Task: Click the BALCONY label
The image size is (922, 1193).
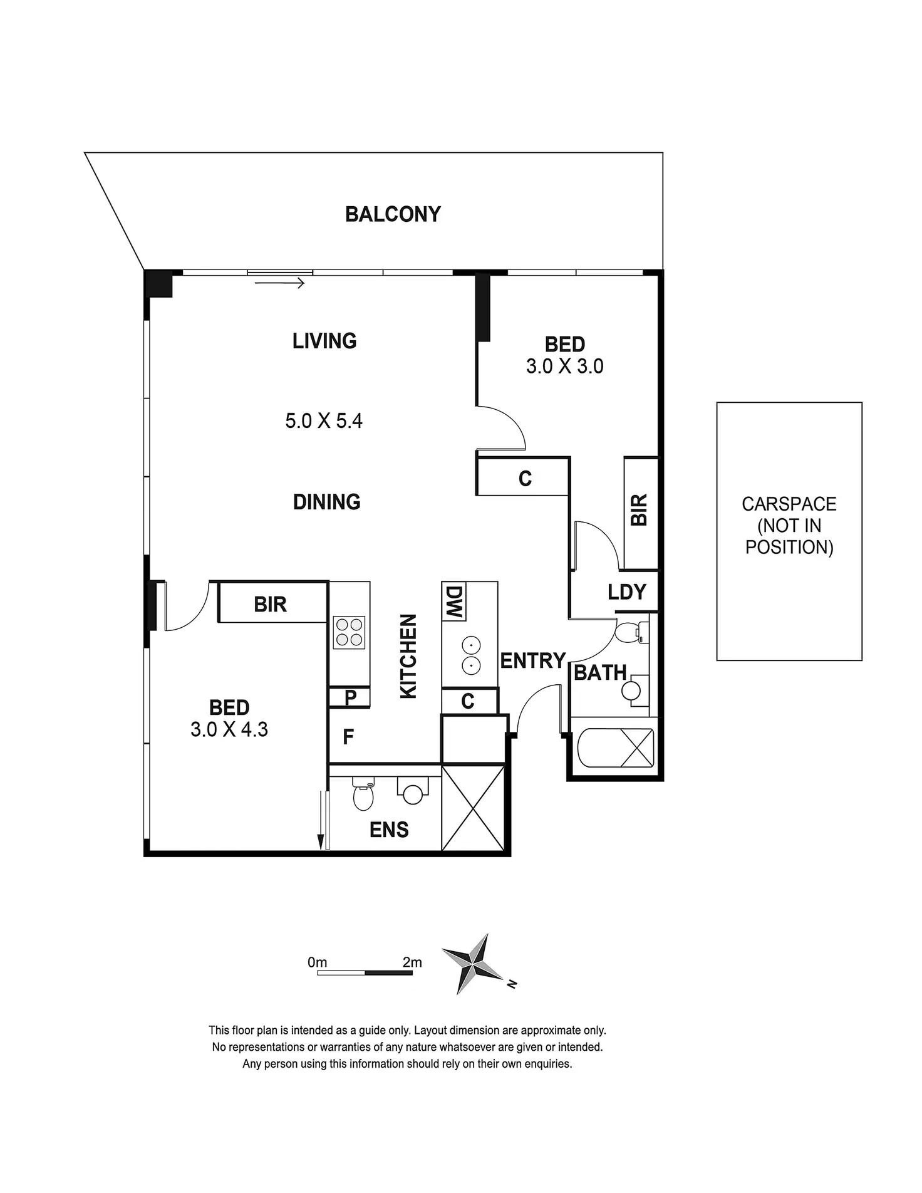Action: click(x=393, y=214)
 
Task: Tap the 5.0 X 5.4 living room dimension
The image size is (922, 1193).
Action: click(x=324, y=420)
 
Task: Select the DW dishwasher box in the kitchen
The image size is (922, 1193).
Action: click(x=454, y=603)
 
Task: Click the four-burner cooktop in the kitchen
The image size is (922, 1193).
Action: click(x=350, y=632)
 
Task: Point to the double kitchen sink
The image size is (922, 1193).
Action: click(x=471, y=655)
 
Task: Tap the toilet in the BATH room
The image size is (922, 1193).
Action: click(x=628, y=631)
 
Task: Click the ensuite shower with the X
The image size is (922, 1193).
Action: click(x=473, y=808)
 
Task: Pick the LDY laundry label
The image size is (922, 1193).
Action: click(x=626, y=592)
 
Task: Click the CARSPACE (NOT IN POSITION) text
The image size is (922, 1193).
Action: click(x=789, y=526)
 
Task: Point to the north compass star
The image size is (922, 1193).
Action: click(x=475, y=964)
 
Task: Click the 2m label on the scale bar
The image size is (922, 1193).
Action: click(x=412, y=962)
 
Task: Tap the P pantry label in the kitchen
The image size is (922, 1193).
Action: click(x=350, y=697)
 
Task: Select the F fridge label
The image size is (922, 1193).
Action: click(x=349, y=737)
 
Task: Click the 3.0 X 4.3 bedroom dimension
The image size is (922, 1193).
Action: click(x=229, y=729)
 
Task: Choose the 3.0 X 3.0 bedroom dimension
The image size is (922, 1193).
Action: click(x=564, y=366)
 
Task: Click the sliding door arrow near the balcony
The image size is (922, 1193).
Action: click(x=279, y=283)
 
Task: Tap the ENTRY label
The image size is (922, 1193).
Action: click(x=533, y=660)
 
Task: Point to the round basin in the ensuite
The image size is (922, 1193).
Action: click(x=412, y=794)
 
